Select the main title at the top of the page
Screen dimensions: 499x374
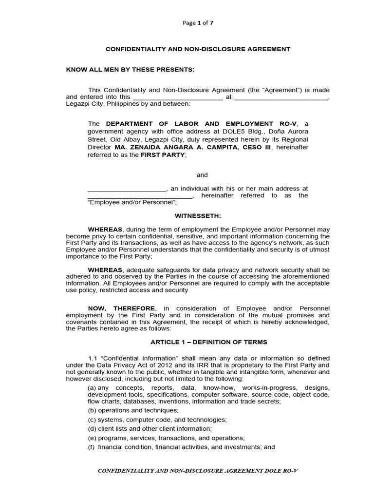[x=198, y=49]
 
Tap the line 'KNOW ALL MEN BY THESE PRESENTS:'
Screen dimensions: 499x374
[x=130, y=69]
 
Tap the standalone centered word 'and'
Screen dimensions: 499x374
[x=202, y=175]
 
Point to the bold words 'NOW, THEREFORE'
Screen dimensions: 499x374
[x=122, y=308]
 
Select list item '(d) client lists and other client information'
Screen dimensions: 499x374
[x=150, y=429]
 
